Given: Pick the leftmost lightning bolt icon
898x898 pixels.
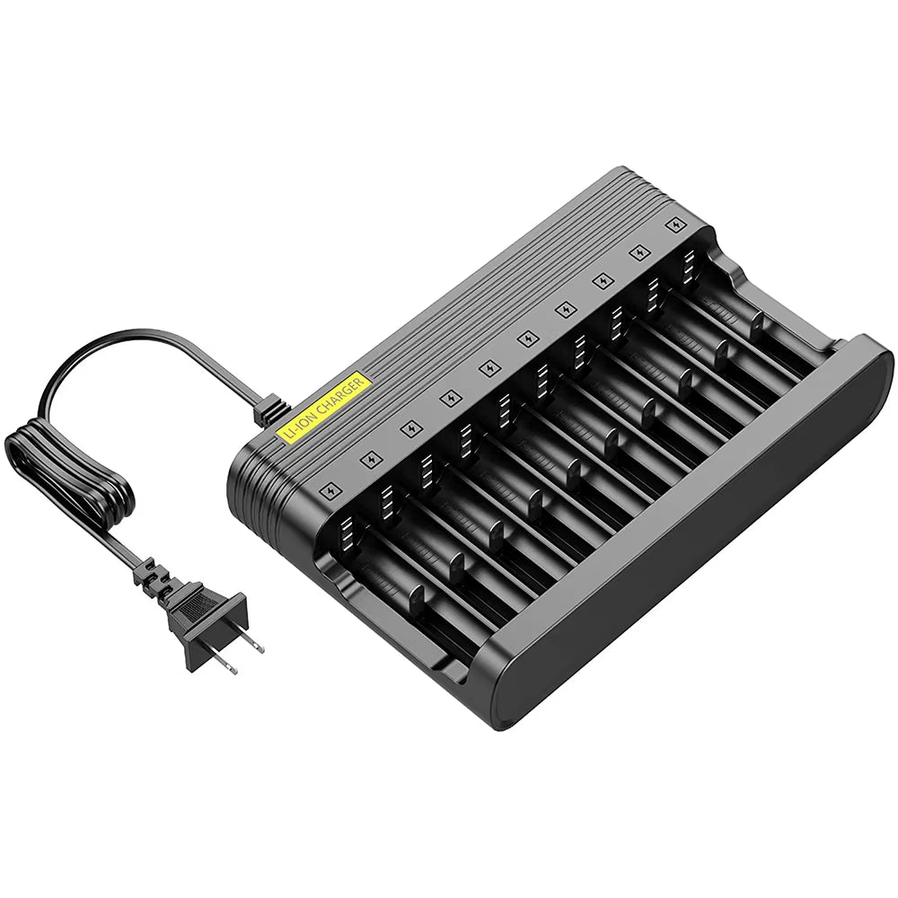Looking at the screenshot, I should [x=329, y=491].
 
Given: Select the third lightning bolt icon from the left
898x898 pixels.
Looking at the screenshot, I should [x=409, y=427].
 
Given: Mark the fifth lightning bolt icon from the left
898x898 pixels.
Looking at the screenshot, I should [x=489, y=367].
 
